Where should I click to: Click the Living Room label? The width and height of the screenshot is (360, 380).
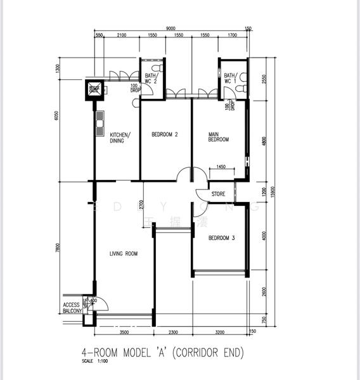tap(123, 254)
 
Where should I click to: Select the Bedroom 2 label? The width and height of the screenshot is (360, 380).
tap(164, 134)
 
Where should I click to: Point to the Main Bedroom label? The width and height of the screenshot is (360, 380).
tap(219, 137)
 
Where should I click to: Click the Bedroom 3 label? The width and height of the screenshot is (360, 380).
tap(222, 238)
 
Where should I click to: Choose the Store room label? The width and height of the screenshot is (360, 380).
tap(218, 194)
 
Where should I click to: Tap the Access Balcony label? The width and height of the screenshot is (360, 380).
tap(71, 308)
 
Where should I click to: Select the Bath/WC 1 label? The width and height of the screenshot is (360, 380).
tap(229, 78)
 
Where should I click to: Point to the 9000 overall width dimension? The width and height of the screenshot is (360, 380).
tap(171, 28)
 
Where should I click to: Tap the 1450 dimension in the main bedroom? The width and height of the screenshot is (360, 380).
tap(221, 167)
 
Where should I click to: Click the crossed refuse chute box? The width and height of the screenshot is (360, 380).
tap(94, 89)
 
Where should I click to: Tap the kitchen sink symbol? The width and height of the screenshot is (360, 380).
tap(100, 123)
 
